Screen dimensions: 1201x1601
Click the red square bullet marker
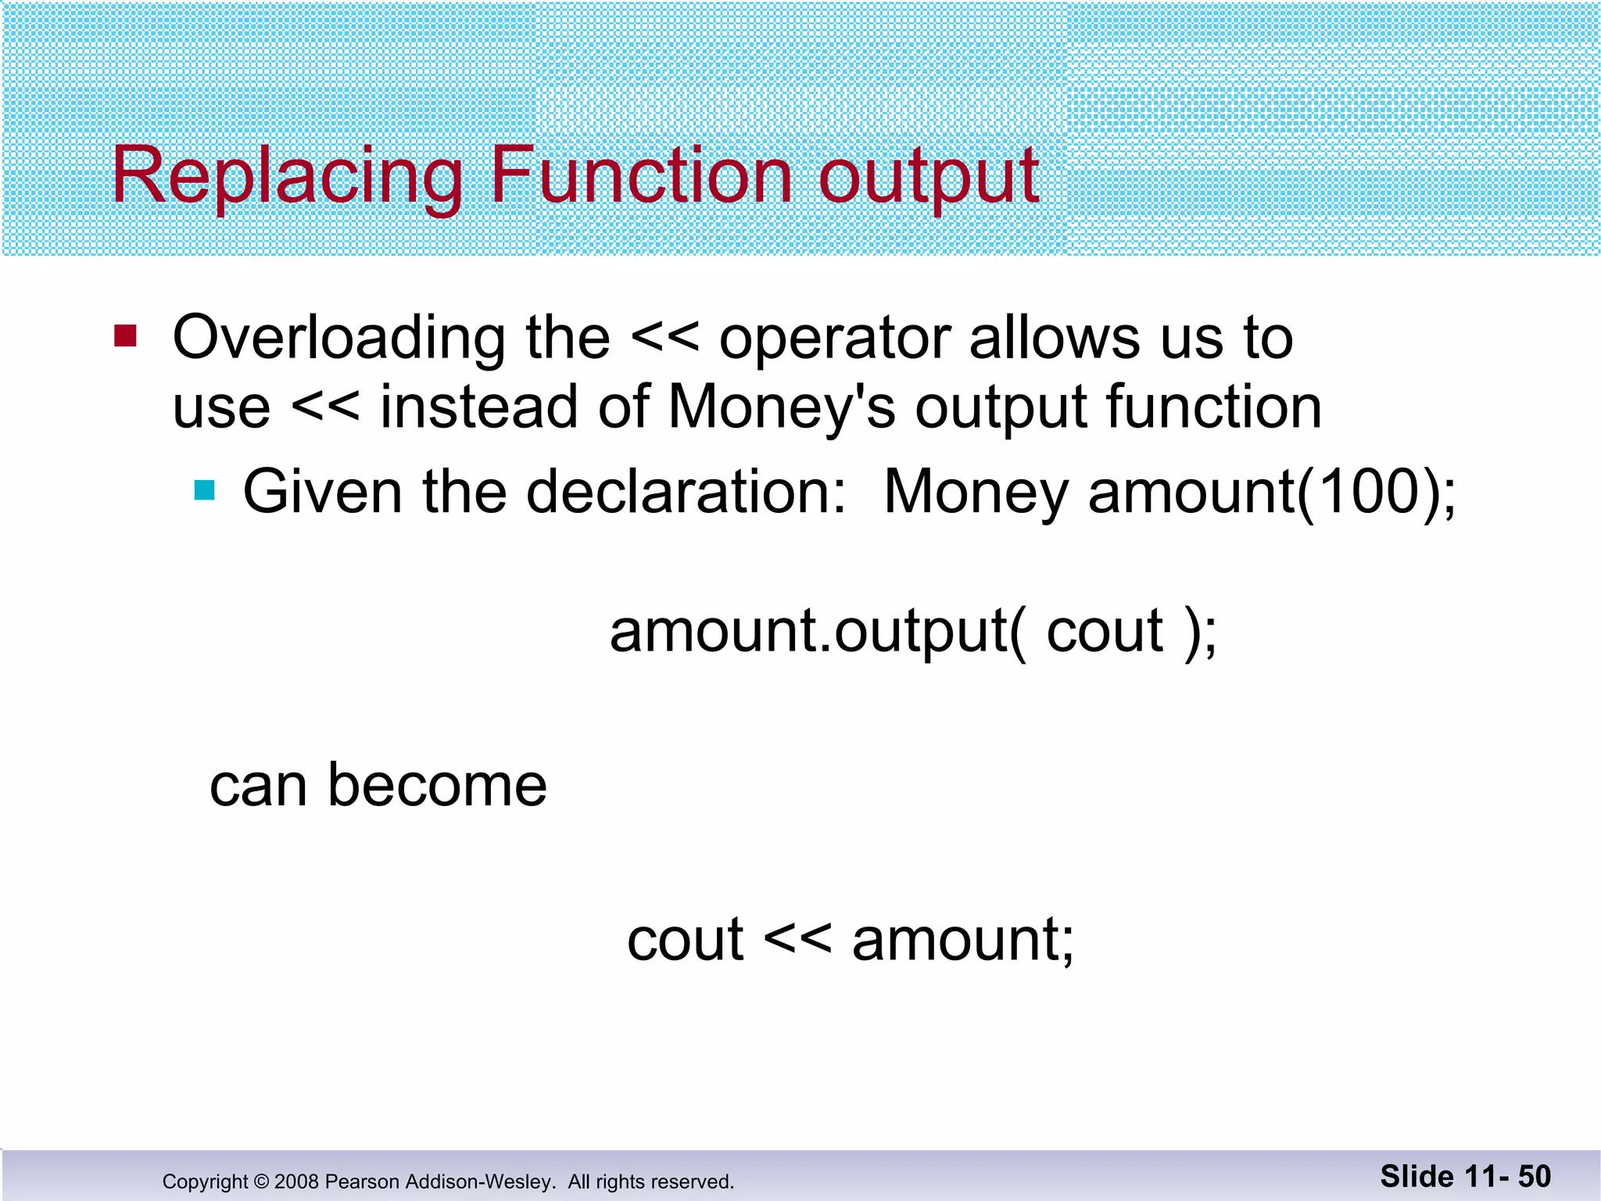click(x=125, y=336)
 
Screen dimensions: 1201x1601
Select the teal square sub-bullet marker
click(x=205, y=490)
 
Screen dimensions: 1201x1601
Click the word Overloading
click(x=338, y=339)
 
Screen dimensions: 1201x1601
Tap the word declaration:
click(x=686, y=492)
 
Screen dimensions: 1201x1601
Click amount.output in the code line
click(x=809, y=632)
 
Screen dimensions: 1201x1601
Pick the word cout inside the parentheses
click(x=1105, y=632)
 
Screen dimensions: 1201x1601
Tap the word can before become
click(x=258, y=787)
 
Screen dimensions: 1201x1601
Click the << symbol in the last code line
click(x=797, y=939)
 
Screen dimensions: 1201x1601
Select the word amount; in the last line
click(x=963, y=941)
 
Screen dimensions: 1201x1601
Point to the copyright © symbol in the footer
click(x=261, y=1181)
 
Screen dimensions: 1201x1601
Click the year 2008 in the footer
click(x=296, y=1181)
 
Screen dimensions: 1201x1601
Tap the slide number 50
click(x=1534, y=1177)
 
